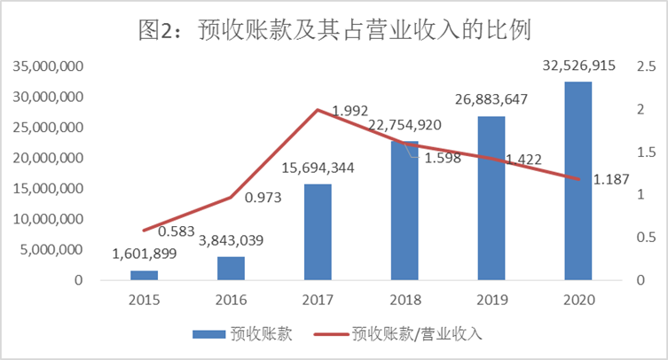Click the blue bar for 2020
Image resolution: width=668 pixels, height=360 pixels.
[x=578, y=181]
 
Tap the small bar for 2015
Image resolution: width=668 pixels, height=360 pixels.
[x=144, y=275]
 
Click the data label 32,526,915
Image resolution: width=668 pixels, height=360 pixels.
[x=578, y=67]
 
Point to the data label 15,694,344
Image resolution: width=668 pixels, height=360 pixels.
[x=318, y=168]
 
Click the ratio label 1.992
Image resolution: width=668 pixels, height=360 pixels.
[x=349, y=111]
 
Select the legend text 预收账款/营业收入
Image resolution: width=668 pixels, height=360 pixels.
[x=417, y=334]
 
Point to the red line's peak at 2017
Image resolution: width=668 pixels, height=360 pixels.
[x=318, y=110]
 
